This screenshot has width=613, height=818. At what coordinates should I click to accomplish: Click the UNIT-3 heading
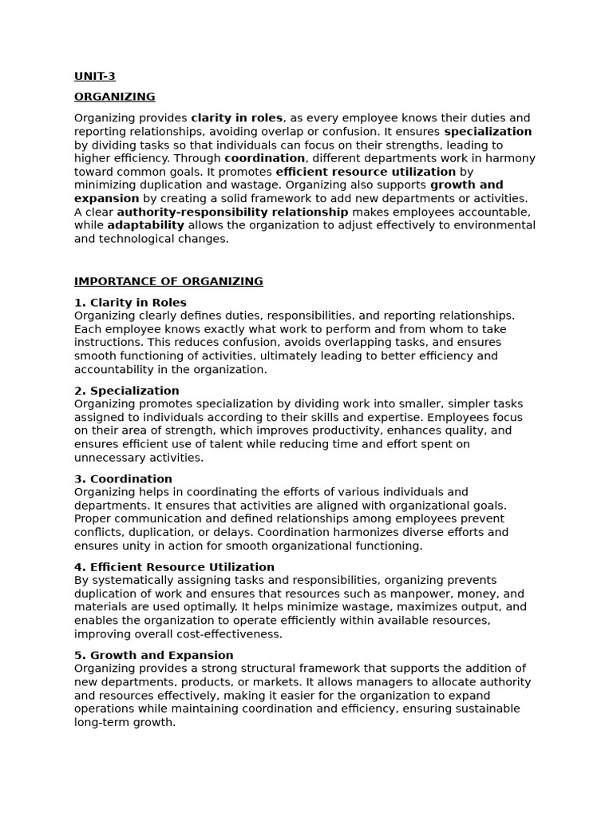95,77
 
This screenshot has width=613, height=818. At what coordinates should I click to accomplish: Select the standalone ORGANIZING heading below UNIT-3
115,97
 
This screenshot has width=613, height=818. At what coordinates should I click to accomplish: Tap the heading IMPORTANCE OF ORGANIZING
168,281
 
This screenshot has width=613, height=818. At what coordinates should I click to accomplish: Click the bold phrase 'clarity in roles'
237,118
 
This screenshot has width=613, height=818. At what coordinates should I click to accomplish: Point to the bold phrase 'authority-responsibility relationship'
232,212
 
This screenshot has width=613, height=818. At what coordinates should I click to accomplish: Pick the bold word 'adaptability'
145,225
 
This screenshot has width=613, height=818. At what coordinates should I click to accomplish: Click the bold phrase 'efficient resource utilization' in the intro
366,172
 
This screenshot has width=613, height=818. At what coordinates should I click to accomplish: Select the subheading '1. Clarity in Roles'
130,303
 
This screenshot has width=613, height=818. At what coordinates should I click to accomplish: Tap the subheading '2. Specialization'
127,391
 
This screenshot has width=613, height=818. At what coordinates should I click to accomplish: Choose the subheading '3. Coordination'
123,479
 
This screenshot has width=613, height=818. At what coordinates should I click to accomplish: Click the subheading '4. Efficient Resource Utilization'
174,567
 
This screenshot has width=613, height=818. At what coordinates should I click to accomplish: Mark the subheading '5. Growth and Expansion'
154,655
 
